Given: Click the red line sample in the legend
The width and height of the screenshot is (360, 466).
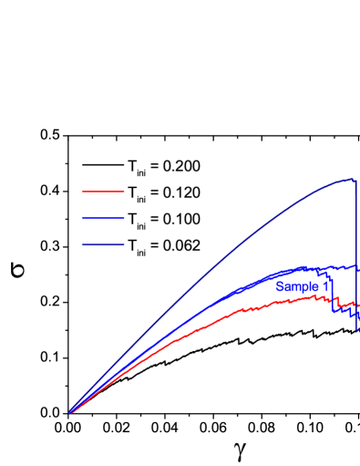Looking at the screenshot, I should click(x=103, y=192).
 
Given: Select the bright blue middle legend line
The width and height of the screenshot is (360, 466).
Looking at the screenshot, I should click(x=103, y=218).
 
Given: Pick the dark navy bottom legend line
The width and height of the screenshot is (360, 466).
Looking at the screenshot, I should click(x=103, y=244).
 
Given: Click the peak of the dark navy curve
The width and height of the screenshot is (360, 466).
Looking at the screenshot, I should click(x=350, y=179).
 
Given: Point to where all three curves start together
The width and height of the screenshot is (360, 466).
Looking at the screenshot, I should click(x=69, y=413).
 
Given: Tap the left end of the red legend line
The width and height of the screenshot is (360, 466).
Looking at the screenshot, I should click(x=83, y=192).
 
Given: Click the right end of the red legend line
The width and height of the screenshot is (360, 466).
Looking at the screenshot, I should click(x=124, y=192).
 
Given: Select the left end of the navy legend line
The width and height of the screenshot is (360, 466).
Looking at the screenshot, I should click(x=83, y=244).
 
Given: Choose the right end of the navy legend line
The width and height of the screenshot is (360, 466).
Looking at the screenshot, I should click(x=124, y=244).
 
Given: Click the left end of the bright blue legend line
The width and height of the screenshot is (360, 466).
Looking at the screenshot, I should click(x=83, y=218).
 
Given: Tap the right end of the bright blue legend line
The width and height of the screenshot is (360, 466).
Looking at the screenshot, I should click(x=124, y=218).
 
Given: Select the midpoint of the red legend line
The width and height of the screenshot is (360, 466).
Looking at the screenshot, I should click(x=103, y=192).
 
